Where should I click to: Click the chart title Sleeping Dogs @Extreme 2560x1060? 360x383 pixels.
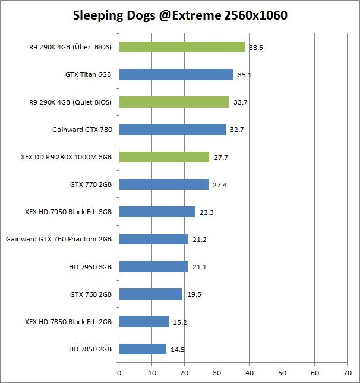coord(180,15)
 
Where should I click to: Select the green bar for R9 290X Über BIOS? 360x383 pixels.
coord(182,47)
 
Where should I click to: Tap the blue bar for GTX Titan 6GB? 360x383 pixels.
coord(176,74)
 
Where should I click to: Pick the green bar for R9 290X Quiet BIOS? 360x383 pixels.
coord(174,102)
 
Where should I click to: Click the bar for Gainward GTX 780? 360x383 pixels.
coord(172,129)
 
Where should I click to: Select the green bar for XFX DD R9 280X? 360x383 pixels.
coord(164,157)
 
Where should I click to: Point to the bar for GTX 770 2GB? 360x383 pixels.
coord(164,184)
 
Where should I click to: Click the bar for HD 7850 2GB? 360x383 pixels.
coord(143,349)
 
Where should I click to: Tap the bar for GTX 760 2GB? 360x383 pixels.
coord(151,294)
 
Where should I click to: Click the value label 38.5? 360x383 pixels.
coord(256,48)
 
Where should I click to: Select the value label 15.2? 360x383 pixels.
coord(180,322)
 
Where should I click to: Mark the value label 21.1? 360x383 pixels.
coord(200,267)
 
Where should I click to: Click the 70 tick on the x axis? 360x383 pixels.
coord(348,374)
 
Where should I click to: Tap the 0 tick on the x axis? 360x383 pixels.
coord(119,374)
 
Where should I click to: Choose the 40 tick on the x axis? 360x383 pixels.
coord(250,374)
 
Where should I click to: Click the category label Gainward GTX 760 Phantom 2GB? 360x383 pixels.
coord(59,239)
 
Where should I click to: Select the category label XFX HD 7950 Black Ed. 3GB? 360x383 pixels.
coord(68,212)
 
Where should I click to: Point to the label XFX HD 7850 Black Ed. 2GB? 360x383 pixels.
coord(68,322)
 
